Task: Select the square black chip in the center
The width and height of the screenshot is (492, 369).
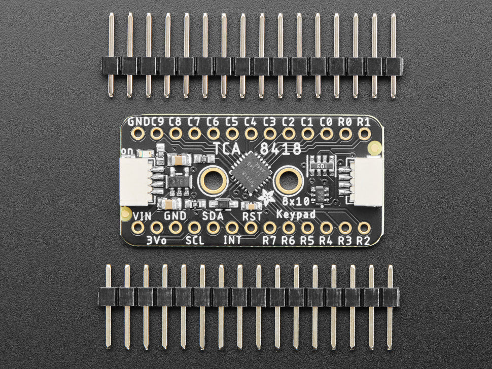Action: click(x=250, y=174)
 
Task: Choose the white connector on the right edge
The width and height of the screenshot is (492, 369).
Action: click(x=367, y=181)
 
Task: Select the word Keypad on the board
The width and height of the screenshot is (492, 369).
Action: click(x=297, y=214)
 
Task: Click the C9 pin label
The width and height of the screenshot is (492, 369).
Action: click(x=156, y=122)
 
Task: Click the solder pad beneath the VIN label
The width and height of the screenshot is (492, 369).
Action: click(x=138, y=228)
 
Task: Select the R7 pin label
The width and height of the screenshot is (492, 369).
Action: click(x=269, y=240)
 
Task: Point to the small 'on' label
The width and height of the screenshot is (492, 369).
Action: click(x=127, y=151)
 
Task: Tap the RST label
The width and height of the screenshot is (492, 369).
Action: click(x=252, y=215)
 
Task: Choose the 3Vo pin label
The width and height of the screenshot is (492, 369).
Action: click(x=156, y=240)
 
